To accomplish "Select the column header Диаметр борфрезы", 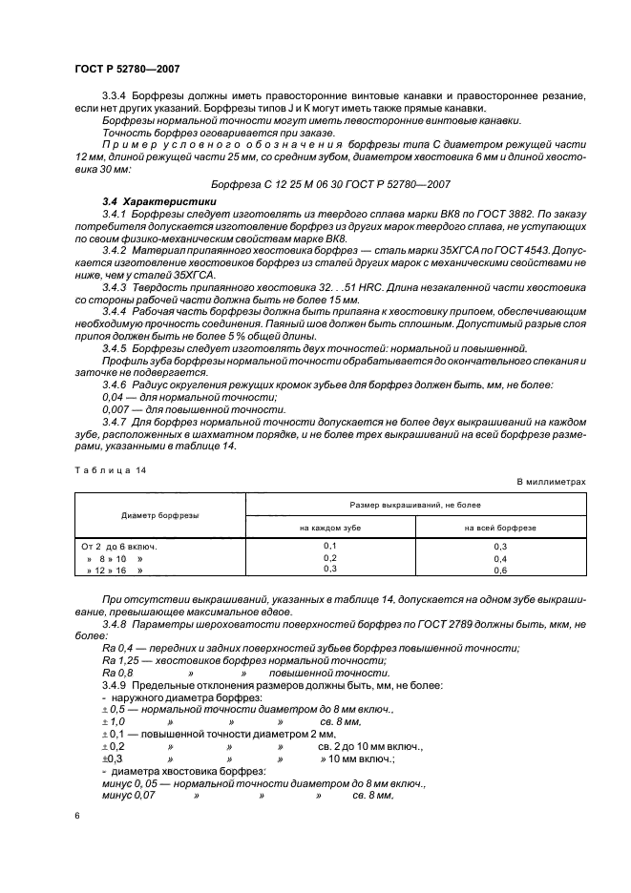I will [x=159, y=515].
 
